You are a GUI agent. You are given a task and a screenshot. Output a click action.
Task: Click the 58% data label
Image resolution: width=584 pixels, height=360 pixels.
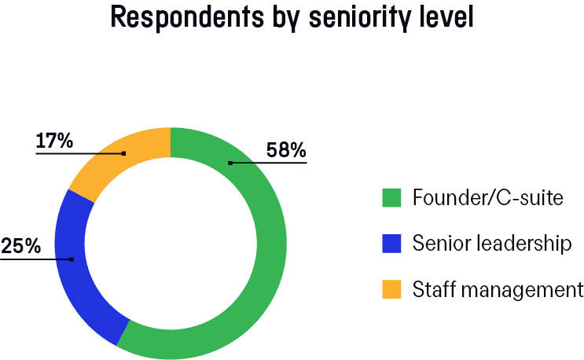pos(286,149)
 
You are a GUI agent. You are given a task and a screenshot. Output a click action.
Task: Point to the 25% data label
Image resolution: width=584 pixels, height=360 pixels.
pos(20,246)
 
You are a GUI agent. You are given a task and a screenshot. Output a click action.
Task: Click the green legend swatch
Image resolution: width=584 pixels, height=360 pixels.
pos(391,198)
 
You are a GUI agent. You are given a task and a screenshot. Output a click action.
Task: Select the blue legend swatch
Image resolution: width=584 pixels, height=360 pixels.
pos(391,244)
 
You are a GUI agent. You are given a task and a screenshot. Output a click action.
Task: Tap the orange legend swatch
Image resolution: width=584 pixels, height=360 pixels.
pos(391,289)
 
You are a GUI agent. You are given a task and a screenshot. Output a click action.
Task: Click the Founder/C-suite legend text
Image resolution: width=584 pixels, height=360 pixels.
pos(487,198)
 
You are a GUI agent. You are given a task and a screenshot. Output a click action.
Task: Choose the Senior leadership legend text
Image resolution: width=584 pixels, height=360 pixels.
pos(491,244)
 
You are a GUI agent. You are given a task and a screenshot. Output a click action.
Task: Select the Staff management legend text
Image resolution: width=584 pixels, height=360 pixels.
pos(498,289)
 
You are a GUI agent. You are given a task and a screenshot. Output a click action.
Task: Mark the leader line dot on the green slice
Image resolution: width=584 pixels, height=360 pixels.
pos(230,163)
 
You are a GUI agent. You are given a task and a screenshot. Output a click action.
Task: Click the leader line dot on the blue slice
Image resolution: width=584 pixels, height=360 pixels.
pos(72,259)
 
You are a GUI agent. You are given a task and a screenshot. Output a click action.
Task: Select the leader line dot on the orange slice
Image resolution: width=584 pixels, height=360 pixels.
pos(124,153)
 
